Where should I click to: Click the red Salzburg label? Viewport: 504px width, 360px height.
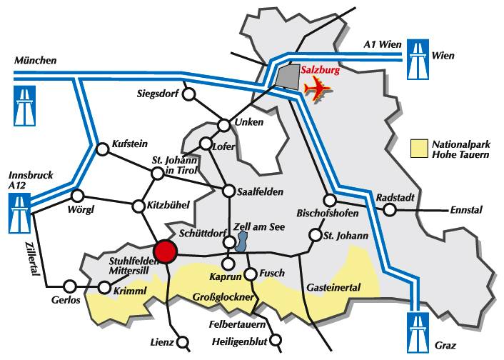[x=321, y=71]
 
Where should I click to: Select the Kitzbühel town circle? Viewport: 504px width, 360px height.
[x=138, y=207]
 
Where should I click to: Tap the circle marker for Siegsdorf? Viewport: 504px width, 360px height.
[x=189, y=94]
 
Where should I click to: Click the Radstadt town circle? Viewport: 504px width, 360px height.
[x=389, y=210]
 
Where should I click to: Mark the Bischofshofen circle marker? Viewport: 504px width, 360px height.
[x=328, y=200]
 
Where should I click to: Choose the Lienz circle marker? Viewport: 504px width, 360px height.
[x=185, y=341]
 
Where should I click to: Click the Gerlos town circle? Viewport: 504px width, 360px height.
[x=70, y=284]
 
